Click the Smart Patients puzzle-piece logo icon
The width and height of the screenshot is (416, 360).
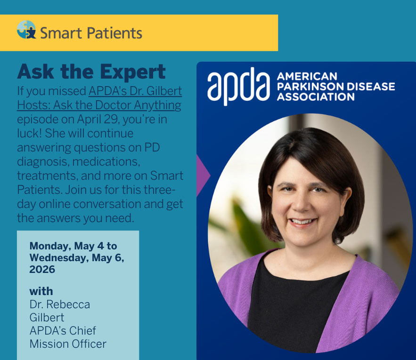click(26, 30)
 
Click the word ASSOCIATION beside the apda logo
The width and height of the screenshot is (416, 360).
click(316, 96)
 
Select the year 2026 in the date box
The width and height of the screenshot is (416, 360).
click(42, 270)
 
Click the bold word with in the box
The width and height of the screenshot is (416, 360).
click(41, 290)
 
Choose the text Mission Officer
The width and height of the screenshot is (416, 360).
click(68, 344)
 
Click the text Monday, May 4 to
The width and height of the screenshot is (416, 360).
click(73, 246)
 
